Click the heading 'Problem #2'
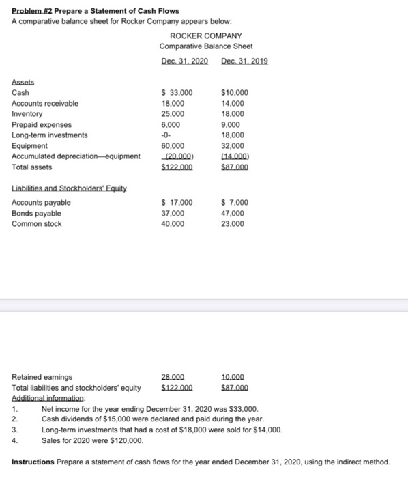tap(32, 11)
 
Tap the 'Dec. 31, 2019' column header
tap(244, 61)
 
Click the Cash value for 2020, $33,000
tap(177, 92)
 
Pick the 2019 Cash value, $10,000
tap(235, 92)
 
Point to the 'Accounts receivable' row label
tap(45, 103)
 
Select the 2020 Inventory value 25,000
tap(172, 114)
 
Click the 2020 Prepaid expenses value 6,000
tap(170, 124)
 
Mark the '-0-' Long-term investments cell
tap(166, 135)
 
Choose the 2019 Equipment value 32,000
tap(233, 145)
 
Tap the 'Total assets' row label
tap(31, 167)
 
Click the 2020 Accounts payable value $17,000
tap(177, 202)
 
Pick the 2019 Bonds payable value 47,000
tap(233, 213)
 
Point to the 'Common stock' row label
tap(37, 223)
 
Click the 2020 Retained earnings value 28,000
tap(172, 376)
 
